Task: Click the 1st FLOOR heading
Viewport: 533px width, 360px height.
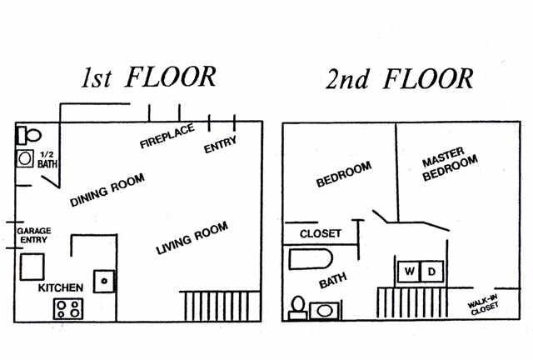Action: click(x=148, y=77)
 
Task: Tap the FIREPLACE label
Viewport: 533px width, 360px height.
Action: click(x=166, y=136)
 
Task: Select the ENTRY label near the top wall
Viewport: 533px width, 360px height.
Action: click(x=221, y=144)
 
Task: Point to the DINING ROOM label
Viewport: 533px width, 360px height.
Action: click(x=107, y=190)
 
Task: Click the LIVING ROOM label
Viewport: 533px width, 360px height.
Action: click(x=192, y=237)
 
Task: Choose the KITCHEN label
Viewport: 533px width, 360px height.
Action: click(x=61, y=287)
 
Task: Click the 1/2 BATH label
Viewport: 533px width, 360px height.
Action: click(x=47, y=159)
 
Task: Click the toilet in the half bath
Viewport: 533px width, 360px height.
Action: click(x=29, y=133)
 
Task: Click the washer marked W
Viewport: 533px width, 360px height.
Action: click(x=410, y=272)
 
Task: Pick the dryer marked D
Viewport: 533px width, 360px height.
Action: click(x=431, y=272)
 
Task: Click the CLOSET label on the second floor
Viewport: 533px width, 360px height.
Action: click(x=319, y=233)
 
